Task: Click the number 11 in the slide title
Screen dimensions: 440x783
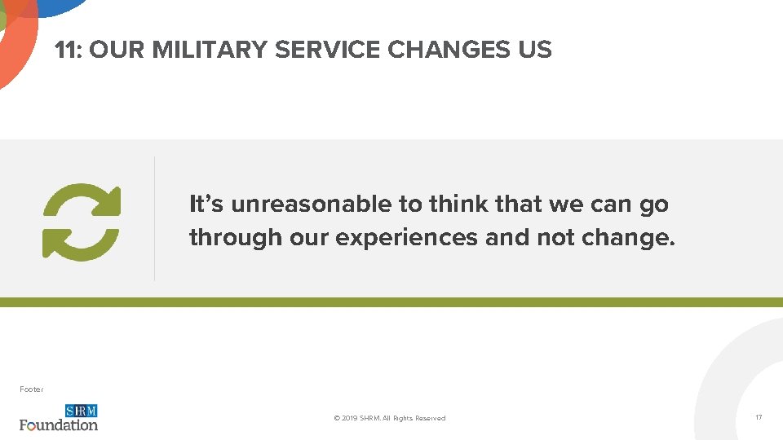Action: pos(66,50)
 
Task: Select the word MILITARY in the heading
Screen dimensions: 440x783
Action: pos(210,50)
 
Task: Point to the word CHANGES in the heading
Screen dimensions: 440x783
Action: pos(449,50)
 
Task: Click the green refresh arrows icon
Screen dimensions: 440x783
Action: pos(82,221)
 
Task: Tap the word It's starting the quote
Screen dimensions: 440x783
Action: pos(207,204)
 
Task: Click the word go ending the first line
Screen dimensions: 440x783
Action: pos(654,205)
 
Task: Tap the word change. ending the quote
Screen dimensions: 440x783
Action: pos(629,238)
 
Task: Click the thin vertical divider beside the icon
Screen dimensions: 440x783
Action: pos(154,218)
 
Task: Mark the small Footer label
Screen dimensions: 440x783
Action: pos(31,389)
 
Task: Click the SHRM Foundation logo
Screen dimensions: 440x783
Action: pos(59,417)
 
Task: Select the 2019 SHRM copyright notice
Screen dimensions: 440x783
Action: pos(390,418)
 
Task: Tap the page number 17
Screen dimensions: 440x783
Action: pos(759,417)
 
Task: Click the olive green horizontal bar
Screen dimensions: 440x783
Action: pos(391,302)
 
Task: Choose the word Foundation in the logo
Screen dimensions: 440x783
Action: pos(59,425)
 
